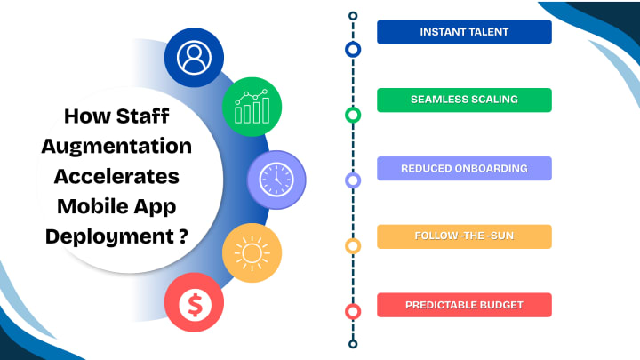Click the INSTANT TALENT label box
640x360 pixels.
464,32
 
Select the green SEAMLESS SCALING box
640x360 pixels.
464,100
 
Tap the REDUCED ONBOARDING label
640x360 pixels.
464,168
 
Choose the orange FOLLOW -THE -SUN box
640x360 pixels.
464,236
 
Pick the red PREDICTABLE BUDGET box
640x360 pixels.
464,305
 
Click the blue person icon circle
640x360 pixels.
194,58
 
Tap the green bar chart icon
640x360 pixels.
252,107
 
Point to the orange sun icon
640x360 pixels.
252,252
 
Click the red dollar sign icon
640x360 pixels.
194,304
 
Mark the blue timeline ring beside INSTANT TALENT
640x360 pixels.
353,49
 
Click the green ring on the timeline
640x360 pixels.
353,115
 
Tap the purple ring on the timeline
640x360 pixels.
353,180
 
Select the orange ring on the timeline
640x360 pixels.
353,246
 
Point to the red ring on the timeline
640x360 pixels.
353,312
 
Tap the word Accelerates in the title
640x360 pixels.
116,175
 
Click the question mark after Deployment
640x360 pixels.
182,237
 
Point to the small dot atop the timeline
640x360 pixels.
353,16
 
